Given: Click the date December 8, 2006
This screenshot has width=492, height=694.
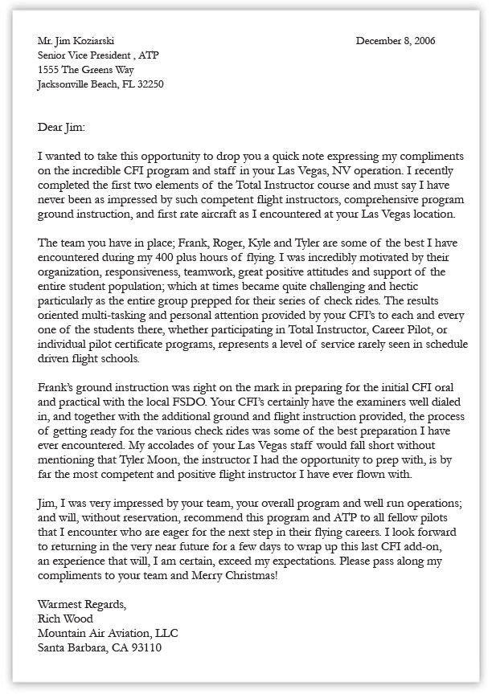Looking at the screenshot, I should pos(396,41).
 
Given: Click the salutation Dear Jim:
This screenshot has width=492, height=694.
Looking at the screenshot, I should pos(60,127).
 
